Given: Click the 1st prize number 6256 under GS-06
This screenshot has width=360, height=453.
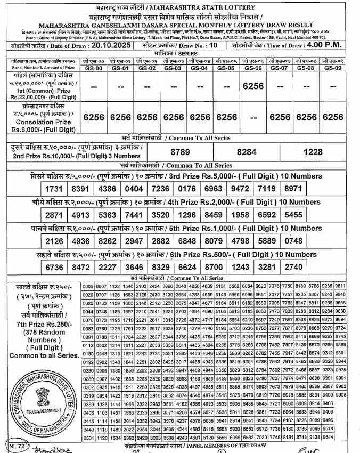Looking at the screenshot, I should point(252,85).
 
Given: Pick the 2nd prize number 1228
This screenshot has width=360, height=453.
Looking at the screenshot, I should point(313,152).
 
